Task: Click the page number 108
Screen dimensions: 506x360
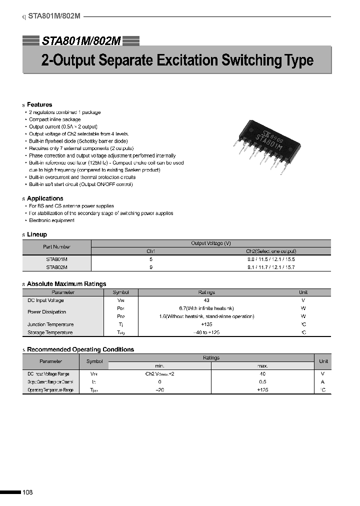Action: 27,492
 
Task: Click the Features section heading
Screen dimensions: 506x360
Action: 39,104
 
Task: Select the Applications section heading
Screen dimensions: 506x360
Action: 45,198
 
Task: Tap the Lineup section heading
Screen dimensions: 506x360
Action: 37,234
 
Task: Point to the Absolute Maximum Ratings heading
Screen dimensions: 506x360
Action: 66,284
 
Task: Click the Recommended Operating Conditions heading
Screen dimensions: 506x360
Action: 80,349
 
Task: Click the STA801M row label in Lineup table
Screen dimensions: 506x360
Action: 56,259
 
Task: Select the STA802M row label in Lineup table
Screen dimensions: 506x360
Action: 56,267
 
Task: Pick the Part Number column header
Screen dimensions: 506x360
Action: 56,246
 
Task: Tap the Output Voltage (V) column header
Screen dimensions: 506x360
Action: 210,243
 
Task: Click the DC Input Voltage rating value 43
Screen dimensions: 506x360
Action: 206,300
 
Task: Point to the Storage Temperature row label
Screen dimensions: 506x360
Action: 50,332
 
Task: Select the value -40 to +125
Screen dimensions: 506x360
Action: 206,332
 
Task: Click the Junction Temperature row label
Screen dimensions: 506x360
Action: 50,324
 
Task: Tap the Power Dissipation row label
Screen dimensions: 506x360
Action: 46,312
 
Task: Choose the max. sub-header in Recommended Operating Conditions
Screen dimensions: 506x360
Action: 262,365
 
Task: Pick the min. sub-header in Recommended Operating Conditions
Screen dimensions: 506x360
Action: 159,365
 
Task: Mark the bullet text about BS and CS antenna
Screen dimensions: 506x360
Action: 71,206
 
